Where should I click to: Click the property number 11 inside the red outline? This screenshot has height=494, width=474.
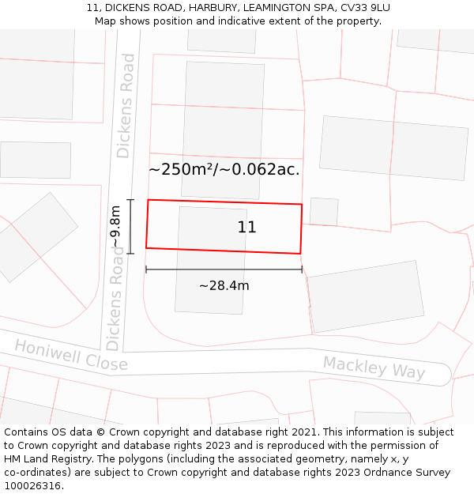[246, 228]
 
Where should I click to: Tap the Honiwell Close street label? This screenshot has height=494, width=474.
[70, 356]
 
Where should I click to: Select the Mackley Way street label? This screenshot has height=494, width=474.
[374, 368]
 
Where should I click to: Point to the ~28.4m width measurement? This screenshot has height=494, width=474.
[224, 285]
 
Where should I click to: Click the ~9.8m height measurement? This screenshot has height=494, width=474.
[116, 227]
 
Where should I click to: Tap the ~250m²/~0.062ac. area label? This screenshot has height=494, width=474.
[224, 169]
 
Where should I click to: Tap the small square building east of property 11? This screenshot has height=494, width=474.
[324, 211]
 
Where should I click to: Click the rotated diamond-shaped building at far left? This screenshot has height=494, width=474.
[37, 236]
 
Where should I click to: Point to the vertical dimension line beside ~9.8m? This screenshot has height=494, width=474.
[130, 226]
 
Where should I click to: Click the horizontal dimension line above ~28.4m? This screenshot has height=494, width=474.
[224, 270]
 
